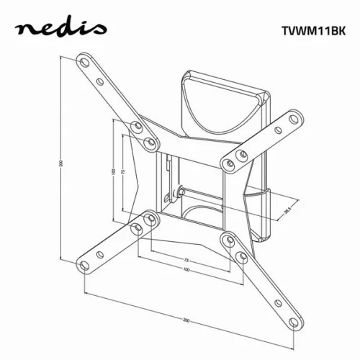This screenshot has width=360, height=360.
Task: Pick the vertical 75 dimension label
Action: tap(124, 173)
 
